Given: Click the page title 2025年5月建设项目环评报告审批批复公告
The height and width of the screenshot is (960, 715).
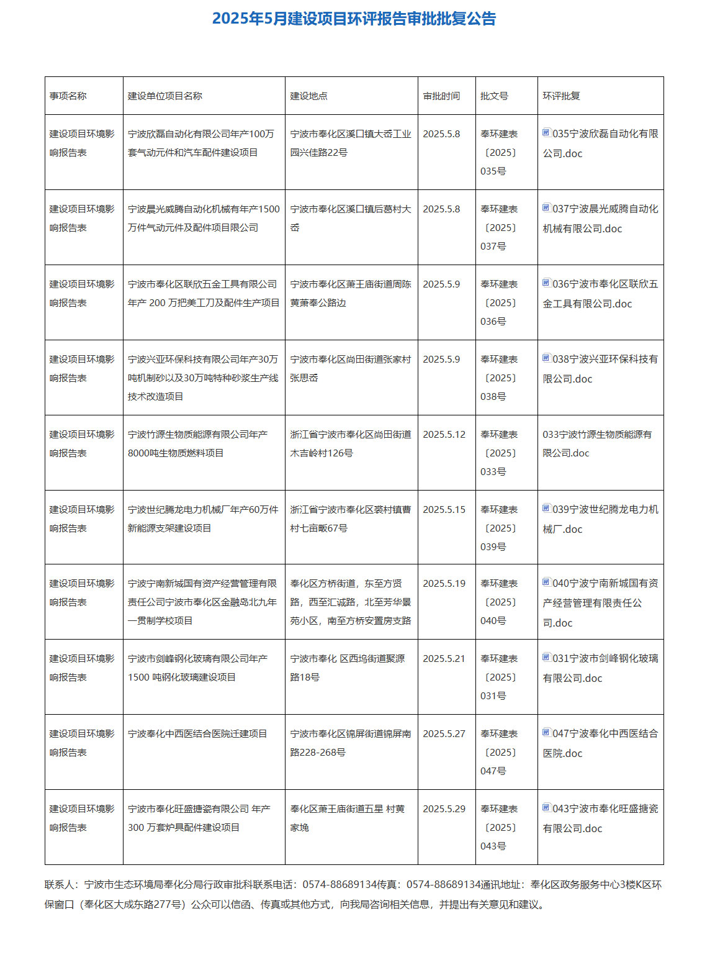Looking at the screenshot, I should point(354,19).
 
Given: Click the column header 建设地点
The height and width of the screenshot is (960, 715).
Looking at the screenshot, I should point(308,96).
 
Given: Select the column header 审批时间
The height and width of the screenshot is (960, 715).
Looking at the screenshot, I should point(441,96).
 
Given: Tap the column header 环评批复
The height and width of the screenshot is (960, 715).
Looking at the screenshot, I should point(561,96).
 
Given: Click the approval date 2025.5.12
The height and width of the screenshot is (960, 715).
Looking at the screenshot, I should point(444,435).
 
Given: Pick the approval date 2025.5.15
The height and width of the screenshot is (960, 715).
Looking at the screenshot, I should point(444,510).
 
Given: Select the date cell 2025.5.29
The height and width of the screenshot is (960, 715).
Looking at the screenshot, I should point(444,809).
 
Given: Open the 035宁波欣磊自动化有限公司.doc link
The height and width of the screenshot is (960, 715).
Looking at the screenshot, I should point(600,143).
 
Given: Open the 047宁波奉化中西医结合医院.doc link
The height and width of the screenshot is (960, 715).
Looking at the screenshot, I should point(600,743).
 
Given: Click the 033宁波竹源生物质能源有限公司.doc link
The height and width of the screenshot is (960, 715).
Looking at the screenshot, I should point(597,444).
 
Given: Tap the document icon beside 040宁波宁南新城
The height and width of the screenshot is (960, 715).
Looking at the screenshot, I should point(546,582).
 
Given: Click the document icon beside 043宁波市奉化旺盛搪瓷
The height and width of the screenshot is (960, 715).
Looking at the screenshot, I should point(546,808).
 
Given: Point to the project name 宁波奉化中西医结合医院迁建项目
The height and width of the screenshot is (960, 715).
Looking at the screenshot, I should point(197,734).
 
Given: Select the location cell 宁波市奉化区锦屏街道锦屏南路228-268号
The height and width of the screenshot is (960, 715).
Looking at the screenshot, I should point(350,743).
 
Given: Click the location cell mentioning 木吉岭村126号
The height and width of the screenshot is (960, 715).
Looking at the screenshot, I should point(350,444).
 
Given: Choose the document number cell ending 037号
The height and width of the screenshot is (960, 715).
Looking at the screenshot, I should point(499,228).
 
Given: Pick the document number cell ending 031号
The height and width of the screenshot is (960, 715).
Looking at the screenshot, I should point(499,677).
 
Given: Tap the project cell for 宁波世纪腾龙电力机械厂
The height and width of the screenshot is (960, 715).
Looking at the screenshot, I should point(203,519).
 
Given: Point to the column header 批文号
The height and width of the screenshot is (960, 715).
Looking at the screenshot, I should point(494,96).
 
